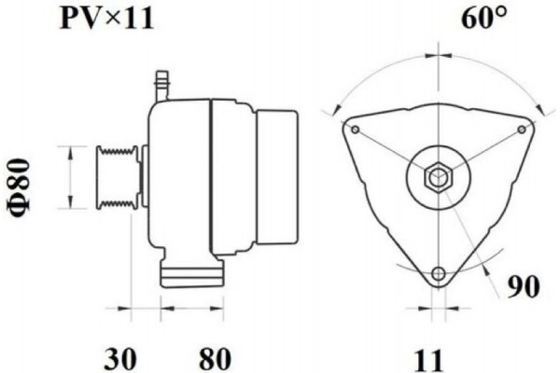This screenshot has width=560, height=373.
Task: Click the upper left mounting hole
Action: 354,128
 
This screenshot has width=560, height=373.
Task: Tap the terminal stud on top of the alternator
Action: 161,82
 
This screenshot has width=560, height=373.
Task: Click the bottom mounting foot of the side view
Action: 191,274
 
